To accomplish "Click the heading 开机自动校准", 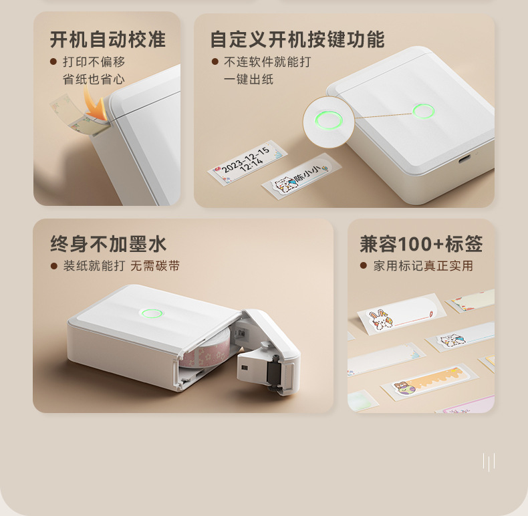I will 108,39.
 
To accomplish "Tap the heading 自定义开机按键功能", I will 297,39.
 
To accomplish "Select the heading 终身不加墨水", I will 108,244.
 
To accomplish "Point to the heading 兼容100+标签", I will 421,244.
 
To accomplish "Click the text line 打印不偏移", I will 94,62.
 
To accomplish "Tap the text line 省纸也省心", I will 94,80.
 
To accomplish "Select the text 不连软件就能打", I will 267,62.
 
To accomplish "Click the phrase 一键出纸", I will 248,80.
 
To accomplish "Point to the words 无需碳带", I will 155,266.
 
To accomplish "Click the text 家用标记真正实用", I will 423,266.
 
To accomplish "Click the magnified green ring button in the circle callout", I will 328,121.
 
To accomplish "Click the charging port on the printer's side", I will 465,158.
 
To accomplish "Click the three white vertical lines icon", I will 489,462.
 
